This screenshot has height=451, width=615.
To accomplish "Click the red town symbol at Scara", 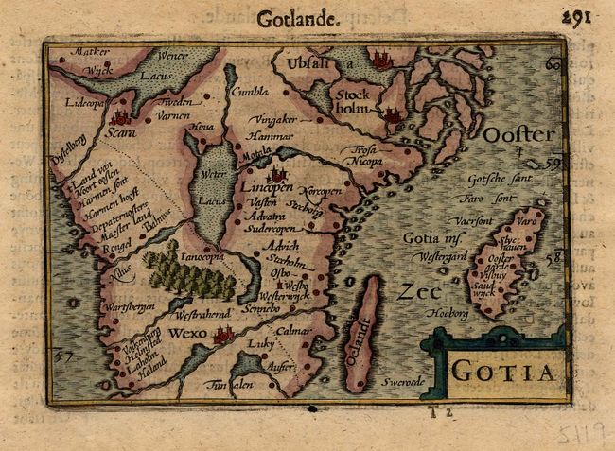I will pos(120,118).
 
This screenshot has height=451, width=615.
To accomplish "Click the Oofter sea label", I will pos(519,135).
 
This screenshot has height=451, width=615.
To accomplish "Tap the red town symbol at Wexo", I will pos(224,333).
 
